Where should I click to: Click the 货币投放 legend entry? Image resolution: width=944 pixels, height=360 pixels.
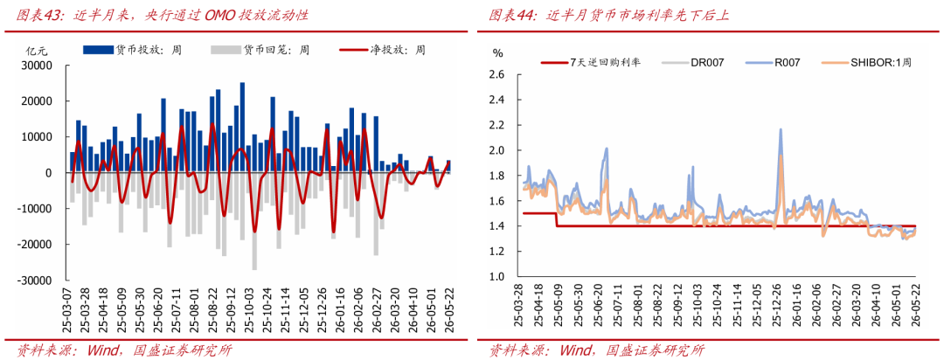pyautogui.click(x=134, y=50)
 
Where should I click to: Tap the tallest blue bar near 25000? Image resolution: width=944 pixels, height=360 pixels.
pyautogui.click(x=242, y=128)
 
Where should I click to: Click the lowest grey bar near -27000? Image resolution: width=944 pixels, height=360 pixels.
pyautogui.click(x=254, y=221)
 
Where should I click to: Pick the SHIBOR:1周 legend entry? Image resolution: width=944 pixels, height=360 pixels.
pyautogui.click(x=866, y=62)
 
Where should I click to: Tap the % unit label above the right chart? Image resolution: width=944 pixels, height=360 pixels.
pyautogui.click(x=498, y=52)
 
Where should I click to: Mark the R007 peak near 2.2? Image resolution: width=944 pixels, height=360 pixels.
pyautogui.click(x=781, y=129)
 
